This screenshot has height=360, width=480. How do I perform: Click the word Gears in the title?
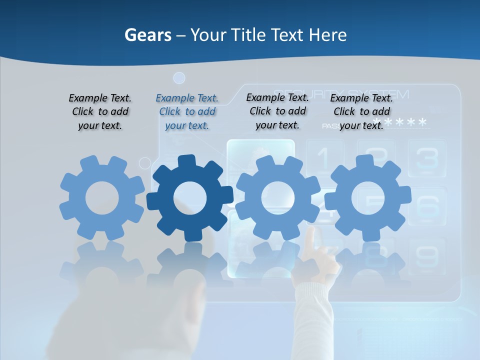pos(148,35)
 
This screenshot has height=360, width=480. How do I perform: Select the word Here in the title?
pos(327,35)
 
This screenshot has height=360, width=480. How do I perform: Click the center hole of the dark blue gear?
pos(190,198)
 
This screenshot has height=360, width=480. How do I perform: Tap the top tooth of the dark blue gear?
pos(186,161)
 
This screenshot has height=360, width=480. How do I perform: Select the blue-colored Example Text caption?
pos(187,111)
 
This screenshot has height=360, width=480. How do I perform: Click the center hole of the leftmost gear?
pos(102,198)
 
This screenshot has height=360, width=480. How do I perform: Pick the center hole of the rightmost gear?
pos(368,198)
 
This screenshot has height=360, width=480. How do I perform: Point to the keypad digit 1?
pos(324,158)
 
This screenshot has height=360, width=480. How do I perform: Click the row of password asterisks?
pos(400,122)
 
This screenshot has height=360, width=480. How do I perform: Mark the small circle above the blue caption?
pos(179,78)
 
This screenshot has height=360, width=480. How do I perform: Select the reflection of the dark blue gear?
pos(190,265)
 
